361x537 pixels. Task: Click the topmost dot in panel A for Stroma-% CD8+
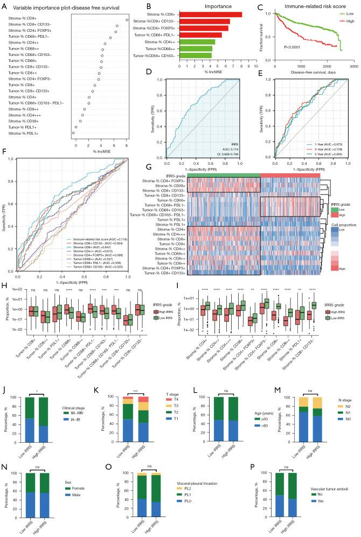[x=127, y=20]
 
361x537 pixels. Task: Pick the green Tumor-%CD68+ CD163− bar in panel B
[x=196, y=55]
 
